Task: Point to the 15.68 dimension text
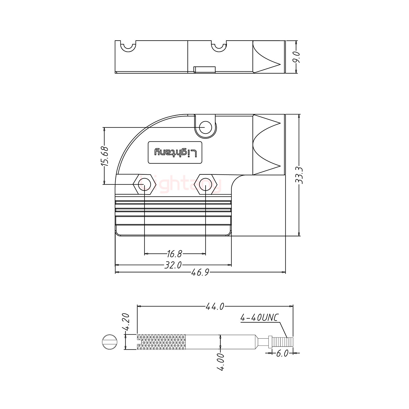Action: [x=104, y=156]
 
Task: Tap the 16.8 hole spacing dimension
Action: [x=174, y=254]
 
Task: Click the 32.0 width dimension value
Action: [x=173, y=265]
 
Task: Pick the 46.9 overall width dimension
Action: [x=200, y=272]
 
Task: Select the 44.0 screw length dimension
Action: [x=215, y=306]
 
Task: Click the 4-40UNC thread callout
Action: [x=259, y=318]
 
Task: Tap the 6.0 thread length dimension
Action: [x=282, y=353]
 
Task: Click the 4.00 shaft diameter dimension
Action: [x=221, y=362]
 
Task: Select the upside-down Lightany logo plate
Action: [x=175, y=152]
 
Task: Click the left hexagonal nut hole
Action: [x=144, y=184]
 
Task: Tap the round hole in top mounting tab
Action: [x=206, y=127]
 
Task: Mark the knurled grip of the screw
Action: [x=161, y=342]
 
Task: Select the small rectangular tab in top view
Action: [x=204, y=70]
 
